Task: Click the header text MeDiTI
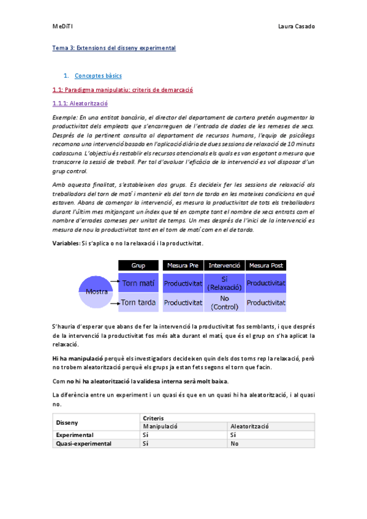62,26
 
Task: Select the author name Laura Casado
297,26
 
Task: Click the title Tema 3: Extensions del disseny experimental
114,48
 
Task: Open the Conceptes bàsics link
98,76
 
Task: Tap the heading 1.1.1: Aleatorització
80,103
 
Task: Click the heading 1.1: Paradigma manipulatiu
123,90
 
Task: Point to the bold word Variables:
66,244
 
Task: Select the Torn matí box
138,283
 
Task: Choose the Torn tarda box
138,302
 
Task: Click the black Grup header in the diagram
138,266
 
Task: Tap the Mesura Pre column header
183,266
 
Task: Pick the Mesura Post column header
265,266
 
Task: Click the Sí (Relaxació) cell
224,283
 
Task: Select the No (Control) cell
224,302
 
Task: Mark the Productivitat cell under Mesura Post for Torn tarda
265,302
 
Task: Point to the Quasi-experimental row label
84,444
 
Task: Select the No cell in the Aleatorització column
234,444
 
